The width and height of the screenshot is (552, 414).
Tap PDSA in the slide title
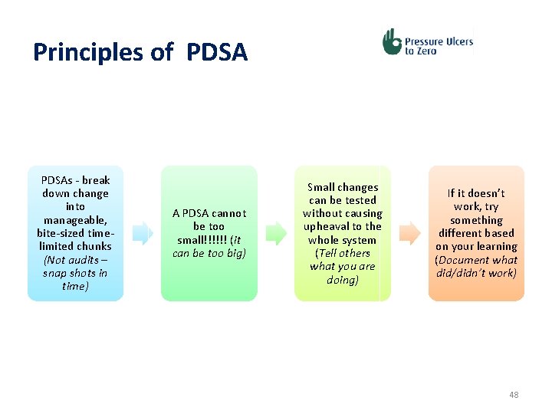pyautogui.click(x=217, y=52)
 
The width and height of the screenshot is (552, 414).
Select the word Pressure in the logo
pyautogui.click(x=427, y=41)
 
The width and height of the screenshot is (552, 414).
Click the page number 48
pyautogui.click(x=513, y=395)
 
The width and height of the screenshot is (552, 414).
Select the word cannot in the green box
pyautogui.click(x=228, y=213)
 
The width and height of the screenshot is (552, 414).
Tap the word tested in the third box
pyautogui.click(x=360, y=200)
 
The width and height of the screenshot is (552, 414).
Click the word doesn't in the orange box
pyautogui.click(x=485, y=194)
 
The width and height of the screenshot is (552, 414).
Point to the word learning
pyautogui.click(x=497, y=246)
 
